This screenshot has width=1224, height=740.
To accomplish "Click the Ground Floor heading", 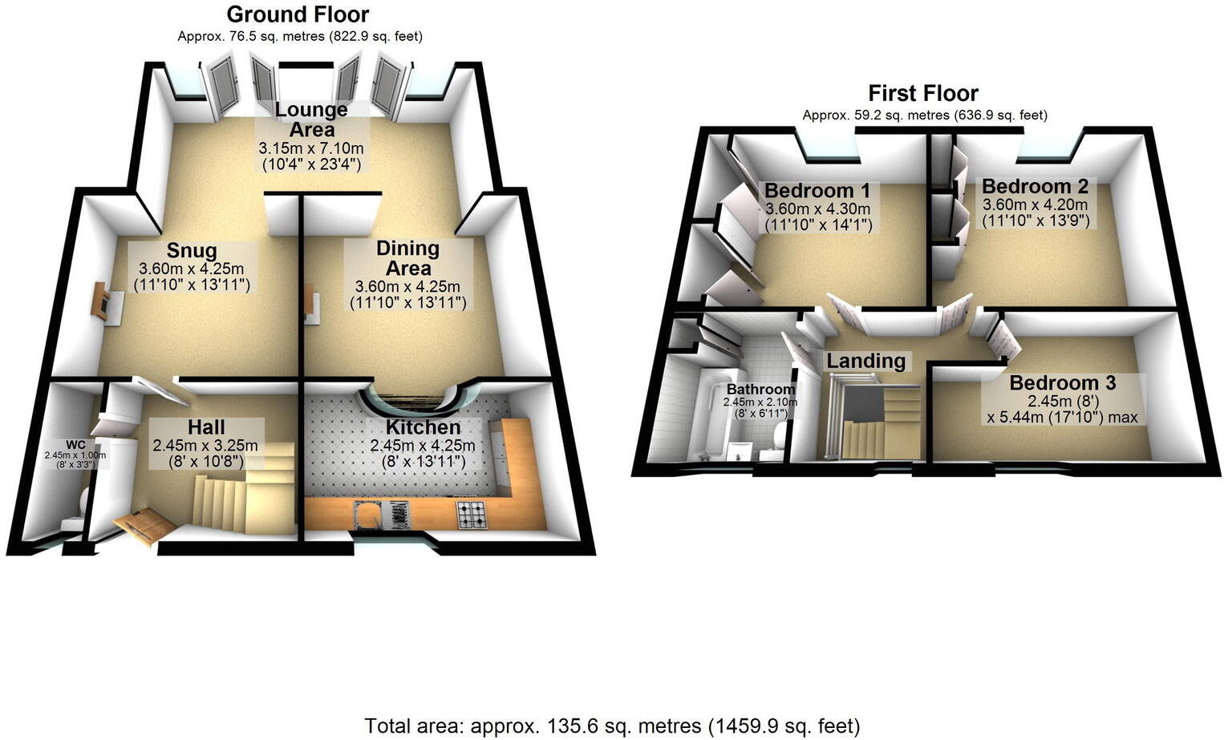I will tap(298, 14).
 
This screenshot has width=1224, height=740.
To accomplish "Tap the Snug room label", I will tap(192, 250).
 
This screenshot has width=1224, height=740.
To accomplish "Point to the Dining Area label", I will tap(407, 258).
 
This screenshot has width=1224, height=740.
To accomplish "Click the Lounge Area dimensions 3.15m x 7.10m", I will tap(311, 148).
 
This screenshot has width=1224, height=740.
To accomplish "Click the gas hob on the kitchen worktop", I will tap(472, 515).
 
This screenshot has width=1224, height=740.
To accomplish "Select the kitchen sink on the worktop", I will tap(366, 516).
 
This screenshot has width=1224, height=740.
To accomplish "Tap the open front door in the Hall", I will tap(144, 526).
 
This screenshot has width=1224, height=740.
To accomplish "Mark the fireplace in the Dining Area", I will tap(312, 304).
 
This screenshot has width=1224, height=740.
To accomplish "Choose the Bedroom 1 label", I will tap(817, 191).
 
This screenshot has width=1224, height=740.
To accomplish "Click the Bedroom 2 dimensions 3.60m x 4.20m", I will tap(1036, 204).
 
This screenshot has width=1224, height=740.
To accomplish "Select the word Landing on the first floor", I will tap(865, 362).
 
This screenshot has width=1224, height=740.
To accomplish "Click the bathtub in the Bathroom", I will tap(707, 417).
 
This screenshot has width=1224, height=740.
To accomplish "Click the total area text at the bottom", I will tap(612, 726).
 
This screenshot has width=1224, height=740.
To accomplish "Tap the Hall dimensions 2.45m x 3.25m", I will tap(205, 446).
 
